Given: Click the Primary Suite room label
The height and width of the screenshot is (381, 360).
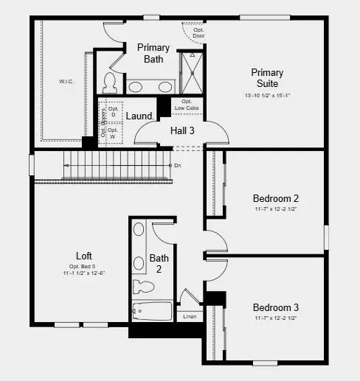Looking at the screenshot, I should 266,78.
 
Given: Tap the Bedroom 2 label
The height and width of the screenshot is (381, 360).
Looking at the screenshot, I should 275,199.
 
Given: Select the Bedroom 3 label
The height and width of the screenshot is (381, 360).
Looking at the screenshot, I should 275,307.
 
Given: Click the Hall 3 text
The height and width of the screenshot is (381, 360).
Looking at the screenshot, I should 182,130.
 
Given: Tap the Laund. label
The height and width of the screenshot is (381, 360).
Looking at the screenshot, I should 139,116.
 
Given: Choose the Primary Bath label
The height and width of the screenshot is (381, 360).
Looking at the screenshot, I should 153,53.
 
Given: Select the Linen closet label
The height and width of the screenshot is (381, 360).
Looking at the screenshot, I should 189,316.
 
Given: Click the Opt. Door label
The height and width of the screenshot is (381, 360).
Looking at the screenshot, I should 199,32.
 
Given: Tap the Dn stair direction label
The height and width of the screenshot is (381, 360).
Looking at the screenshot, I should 177,166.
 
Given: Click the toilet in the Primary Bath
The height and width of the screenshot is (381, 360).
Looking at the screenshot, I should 110,80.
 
